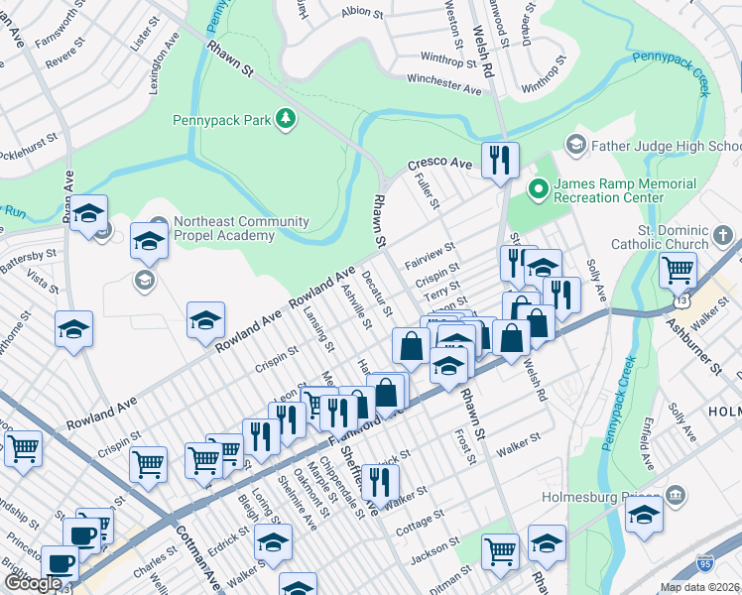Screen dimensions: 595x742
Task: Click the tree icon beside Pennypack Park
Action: [x=286, y=120]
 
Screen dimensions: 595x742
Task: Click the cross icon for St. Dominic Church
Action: [x=723, y=236]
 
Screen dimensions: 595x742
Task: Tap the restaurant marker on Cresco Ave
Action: [x=500, y=160]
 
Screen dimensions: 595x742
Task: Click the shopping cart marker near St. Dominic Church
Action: [x=678, y=269]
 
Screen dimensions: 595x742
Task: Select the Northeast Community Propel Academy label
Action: [x=223, y=228]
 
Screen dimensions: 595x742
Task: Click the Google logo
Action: [x=33, y=583]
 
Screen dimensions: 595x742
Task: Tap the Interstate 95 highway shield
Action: [x=705, y=563]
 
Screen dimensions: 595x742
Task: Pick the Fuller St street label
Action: [x=429, y=189]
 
